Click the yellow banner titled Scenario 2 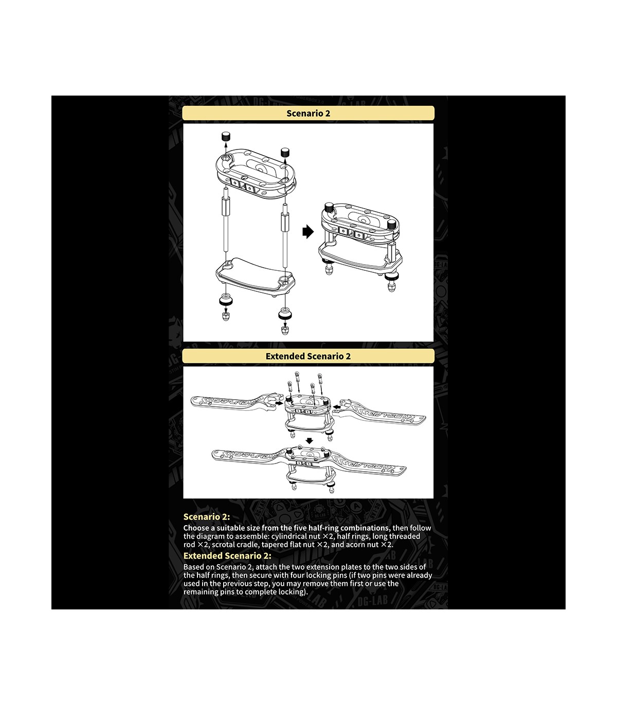click(308, 113)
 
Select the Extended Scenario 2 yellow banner click(308, 356)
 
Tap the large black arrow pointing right click(308, 232)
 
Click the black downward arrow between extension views click(310, 441)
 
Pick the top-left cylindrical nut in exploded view click(226, 136)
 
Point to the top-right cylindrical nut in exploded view click(285, 152)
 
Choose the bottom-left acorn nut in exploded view click(226, 318)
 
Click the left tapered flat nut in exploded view click(226, 301)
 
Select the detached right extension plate click(382, 412)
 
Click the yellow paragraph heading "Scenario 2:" click(207, 516)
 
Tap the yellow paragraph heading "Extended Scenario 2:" click(227, 555)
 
